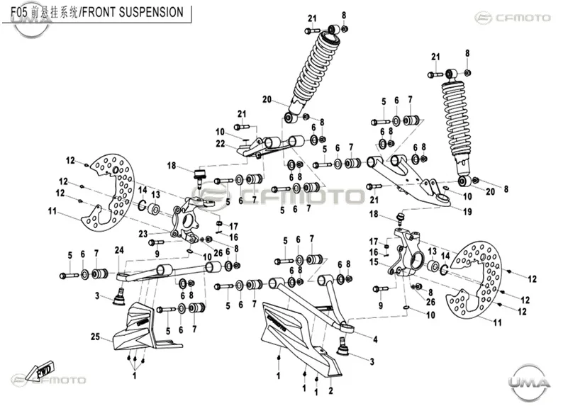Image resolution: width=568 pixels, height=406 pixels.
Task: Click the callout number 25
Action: click(x=95, y=337)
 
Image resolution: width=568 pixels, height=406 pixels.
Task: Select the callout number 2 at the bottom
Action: click(x=330, y=390)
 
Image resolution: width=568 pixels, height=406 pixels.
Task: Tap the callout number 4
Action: click(x=376, y=339)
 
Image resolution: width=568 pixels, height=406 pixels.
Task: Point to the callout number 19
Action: click(x=467, y=211)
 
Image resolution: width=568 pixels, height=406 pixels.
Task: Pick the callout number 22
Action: click(x=221, y=144)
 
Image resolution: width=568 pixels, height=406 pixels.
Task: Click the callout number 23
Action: click(x=143, y=234)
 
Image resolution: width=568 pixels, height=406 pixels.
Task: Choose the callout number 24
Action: click(x=119, y=249)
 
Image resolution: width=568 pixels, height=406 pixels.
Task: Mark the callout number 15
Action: click(x=374, y=261)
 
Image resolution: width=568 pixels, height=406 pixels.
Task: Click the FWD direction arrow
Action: click(x=43, y=371)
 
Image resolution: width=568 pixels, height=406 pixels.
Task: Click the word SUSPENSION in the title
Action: click(x=151, y=12)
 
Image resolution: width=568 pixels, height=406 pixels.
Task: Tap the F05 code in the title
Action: click(x=19, y=12)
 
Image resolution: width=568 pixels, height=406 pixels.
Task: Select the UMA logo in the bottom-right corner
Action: click(x=529, y=383)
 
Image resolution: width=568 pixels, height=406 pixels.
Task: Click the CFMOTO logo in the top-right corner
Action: click(x=513, y=18)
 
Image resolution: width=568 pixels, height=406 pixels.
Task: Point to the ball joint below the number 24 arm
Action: click(x=119, y=297)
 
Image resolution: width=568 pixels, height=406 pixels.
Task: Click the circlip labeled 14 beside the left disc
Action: click(x=143, y=205)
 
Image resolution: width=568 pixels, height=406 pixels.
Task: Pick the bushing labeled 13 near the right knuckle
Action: click(x=433, y=265)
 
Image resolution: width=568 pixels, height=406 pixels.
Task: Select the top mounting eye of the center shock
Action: click(x=333, y=29)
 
